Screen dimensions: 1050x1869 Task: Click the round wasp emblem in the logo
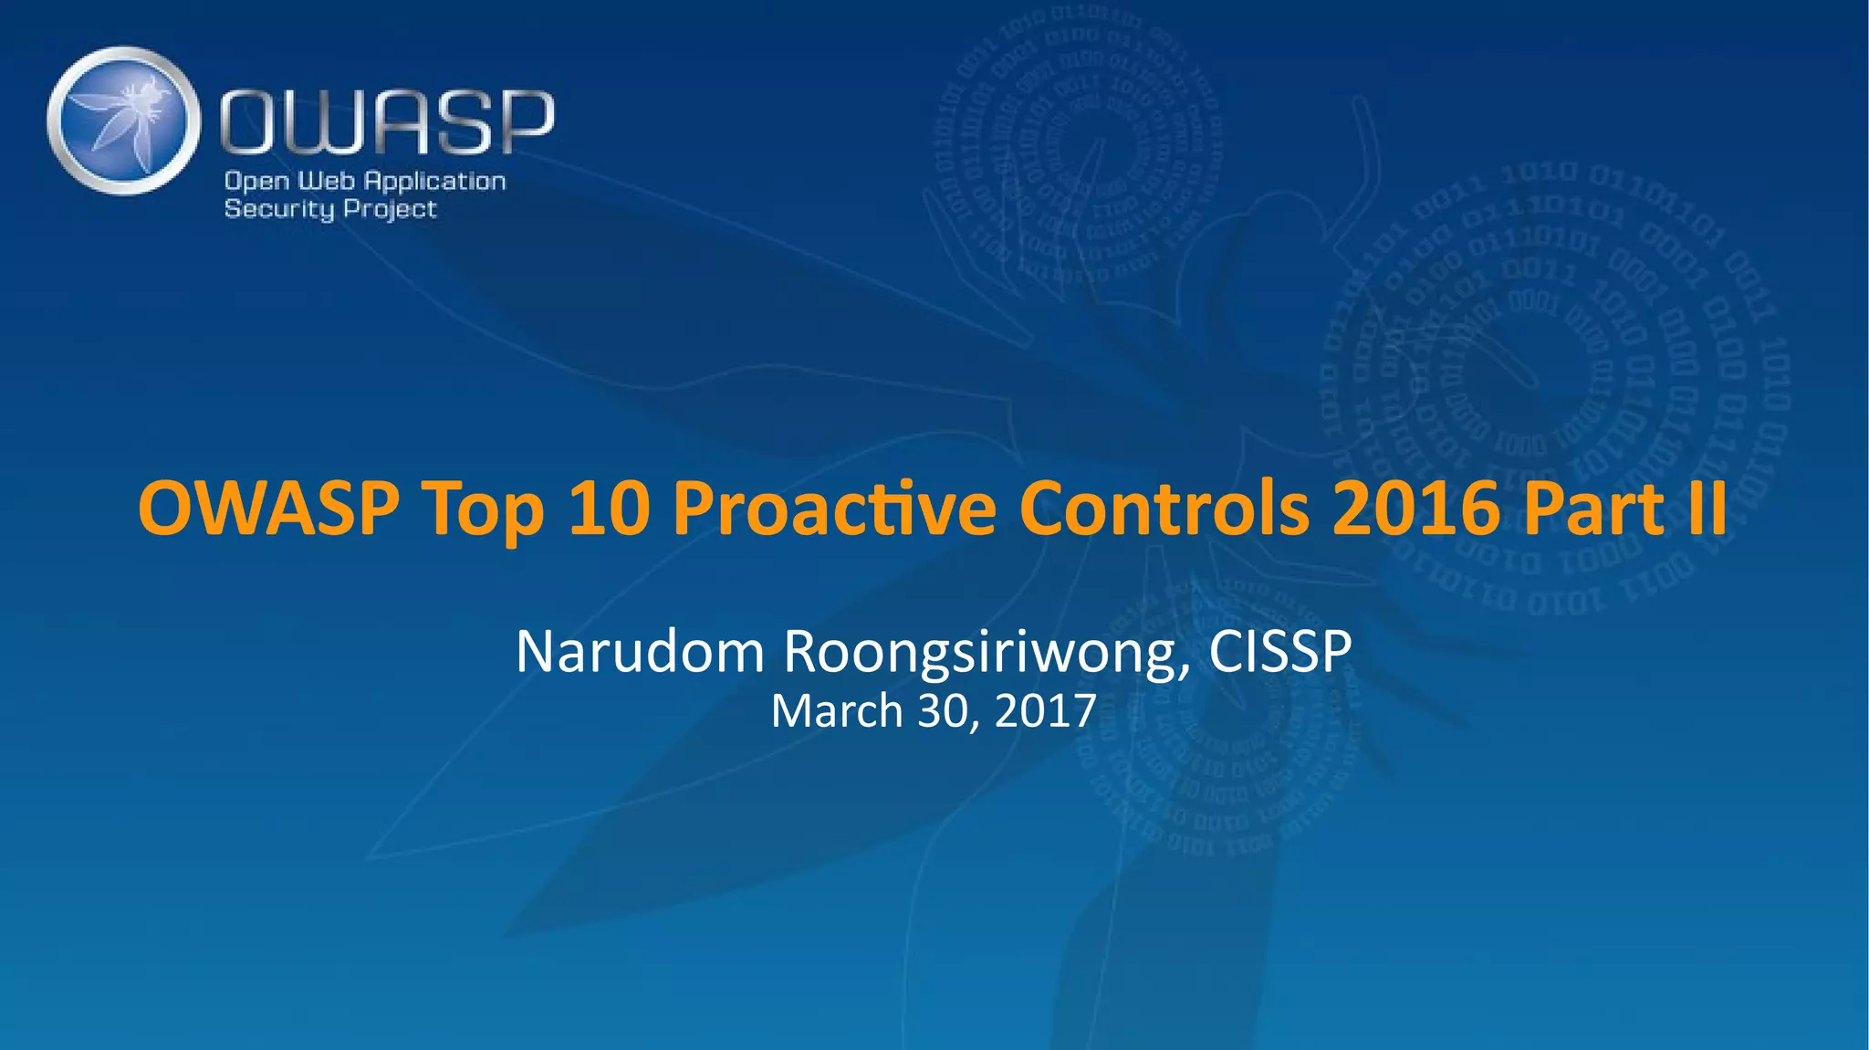[123, 121]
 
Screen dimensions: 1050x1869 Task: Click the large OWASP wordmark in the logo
[387, 122]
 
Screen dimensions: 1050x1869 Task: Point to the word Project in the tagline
[391, 209]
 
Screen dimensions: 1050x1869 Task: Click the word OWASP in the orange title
[268, 508]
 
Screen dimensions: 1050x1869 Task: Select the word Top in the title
[483, 509]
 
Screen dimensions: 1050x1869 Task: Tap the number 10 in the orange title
[609, 508]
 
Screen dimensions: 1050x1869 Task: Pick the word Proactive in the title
[833, 508]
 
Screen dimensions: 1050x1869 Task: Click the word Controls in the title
[1164, 508]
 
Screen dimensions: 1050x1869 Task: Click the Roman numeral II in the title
[1707, 508]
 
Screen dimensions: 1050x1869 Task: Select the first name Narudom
[640, 652]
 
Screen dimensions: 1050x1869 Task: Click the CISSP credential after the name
[1280, 652]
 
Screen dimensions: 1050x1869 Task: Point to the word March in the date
[837, 711]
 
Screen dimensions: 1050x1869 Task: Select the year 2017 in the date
[1045, 711]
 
